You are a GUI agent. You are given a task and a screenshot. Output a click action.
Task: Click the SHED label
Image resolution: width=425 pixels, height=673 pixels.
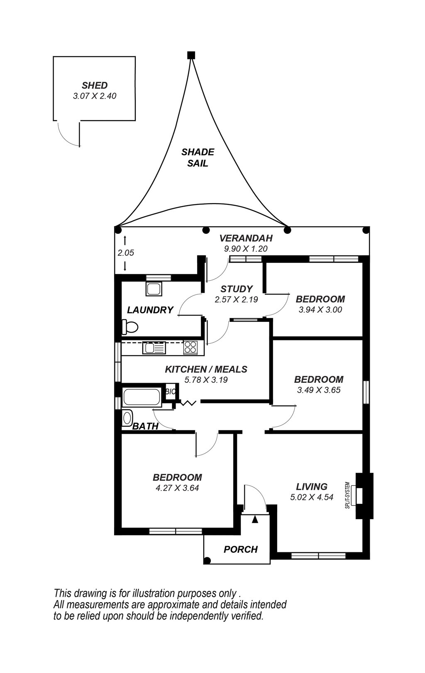point(95,85)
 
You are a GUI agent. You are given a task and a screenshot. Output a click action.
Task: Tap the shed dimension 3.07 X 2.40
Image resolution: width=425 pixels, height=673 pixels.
point(95,96)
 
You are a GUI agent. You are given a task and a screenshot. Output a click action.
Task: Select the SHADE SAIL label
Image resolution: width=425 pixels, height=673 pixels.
point(198,158)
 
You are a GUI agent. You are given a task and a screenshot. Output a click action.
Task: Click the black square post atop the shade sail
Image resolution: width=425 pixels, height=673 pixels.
point(191,55)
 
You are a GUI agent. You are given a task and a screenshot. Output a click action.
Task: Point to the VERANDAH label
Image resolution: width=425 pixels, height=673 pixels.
point(246,238)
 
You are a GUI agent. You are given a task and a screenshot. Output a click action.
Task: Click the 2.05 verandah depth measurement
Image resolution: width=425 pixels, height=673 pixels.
point(126,253)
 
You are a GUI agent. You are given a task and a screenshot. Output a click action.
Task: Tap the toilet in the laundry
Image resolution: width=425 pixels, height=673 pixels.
point(129,327)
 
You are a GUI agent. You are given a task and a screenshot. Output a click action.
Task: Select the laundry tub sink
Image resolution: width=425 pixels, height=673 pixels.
point(154,289)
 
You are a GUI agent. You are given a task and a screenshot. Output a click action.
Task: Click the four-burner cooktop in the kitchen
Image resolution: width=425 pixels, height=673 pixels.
point(191,348)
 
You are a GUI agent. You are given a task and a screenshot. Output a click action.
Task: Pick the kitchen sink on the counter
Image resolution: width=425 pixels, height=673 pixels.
point(154,348)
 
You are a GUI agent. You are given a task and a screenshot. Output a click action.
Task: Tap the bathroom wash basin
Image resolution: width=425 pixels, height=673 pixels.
point(127,418)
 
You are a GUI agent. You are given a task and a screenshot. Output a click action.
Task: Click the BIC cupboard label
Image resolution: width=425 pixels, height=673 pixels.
point(171,392)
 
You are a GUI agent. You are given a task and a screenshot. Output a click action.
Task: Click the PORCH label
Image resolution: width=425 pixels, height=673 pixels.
point(241,549)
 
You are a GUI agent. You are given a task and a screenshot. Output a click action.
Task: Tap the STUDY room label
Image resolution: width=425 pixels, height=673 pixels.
point(237,289)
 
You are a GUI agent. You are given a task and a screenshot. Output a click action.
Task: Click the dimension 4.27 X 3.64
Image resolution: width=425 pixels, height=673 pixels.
point(177,488)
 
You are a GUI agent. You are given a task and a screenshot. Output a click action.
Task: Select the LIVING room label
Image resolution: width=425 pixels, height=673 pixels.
point(312,486)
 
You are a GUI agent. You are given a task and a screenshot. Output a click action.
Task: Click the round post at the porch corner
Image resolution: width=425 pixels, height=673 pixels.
point(207,560)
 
